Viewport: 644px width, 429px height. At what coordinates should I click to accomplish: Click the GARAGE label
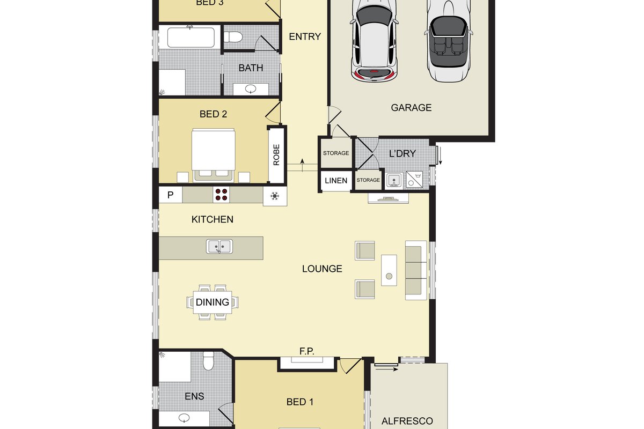click(x=411, y=107)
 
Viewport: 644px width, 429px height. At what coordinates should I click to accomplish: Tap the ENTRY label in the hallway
click(x=305, y=36)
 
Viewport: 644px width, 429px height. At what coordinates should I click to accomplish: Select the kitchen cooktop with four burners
click(x=221, y=195)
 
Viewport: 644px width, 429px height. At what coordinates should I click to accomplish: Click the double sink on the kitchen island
click(x=219, y=247)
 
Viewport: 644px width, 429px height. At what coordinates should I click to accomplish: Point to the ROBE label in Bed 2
click(x=276, y=155)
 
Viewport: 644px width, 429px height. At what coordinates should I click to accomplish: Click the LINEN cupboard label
click(x=336, y=181)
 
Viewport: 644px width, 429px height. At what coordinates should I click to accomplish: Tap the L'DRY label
click(x=402, y=154)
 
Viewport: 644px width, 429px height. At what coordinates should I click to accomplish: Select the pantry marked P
click(x=171, y=195)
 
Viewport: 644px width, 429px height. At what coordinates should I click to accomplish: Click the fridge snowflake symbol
click(x=275, y=196)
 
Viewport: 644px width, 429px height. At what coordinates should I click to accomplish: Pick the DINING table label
click(x=212, y=302)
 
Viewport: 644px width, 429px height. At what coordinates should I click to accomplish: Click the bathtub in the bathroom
click(x=191, y=38)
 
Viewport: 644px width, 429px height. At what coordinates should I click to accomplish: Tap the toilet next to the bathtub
click(x=233, y=37)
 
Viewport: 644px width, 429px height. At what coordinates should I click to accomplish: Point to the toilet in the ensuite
click(x=208, y=361)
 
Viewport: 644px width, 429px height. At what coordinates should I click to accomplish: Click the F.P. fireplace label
click(x=307, y=351)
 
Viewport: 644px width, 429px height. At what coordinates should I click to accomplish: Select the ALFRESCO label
click(x=407, y=421)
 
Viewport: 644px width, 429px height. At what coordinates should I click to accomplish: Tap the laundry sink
click(x=394, y=181)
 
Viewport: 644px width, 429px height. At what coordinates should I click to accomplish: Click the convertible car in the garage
click(x=449, y=40)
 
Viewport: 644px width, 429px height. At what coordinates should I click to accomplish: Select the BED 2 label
click(x=213, y=114)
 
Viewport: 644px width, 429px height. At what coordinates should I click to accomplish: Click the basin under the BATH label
click(x=251, y=89)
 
